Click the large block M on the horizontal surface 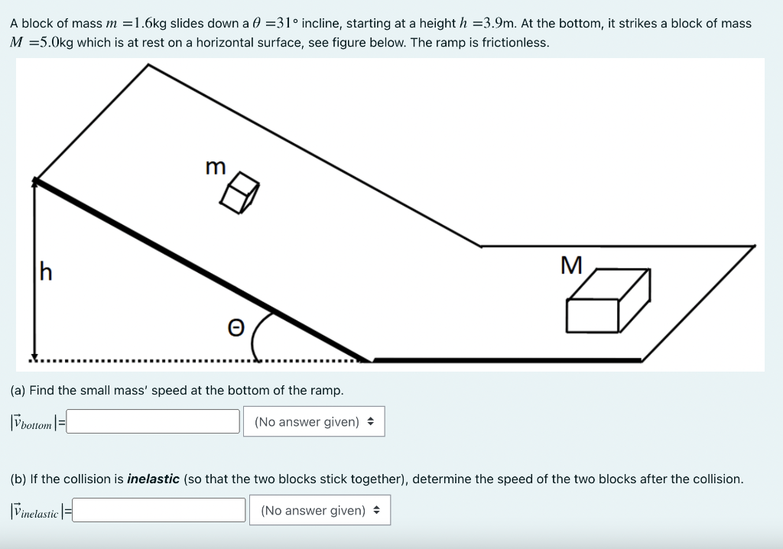(x=607, y=301)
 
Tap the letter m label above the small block (x=216, y=166)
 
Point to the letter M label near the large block (x=571, y=265)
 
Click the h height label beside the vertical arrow (x=46, y=271)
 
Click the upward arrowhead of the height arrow (x=34, y=181)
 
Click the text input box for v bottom (x=153, y=421)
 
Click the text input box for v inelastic (x=159, y=510)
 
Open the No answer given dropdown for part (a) (x=314, y=421)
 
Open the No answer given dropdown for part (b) (x=320, y=510)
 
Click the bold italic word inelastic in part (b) (x=153, y=479)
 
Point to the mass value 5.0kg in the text (x=52, y=42)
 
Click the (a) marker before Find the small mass (x=18, y=390)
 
